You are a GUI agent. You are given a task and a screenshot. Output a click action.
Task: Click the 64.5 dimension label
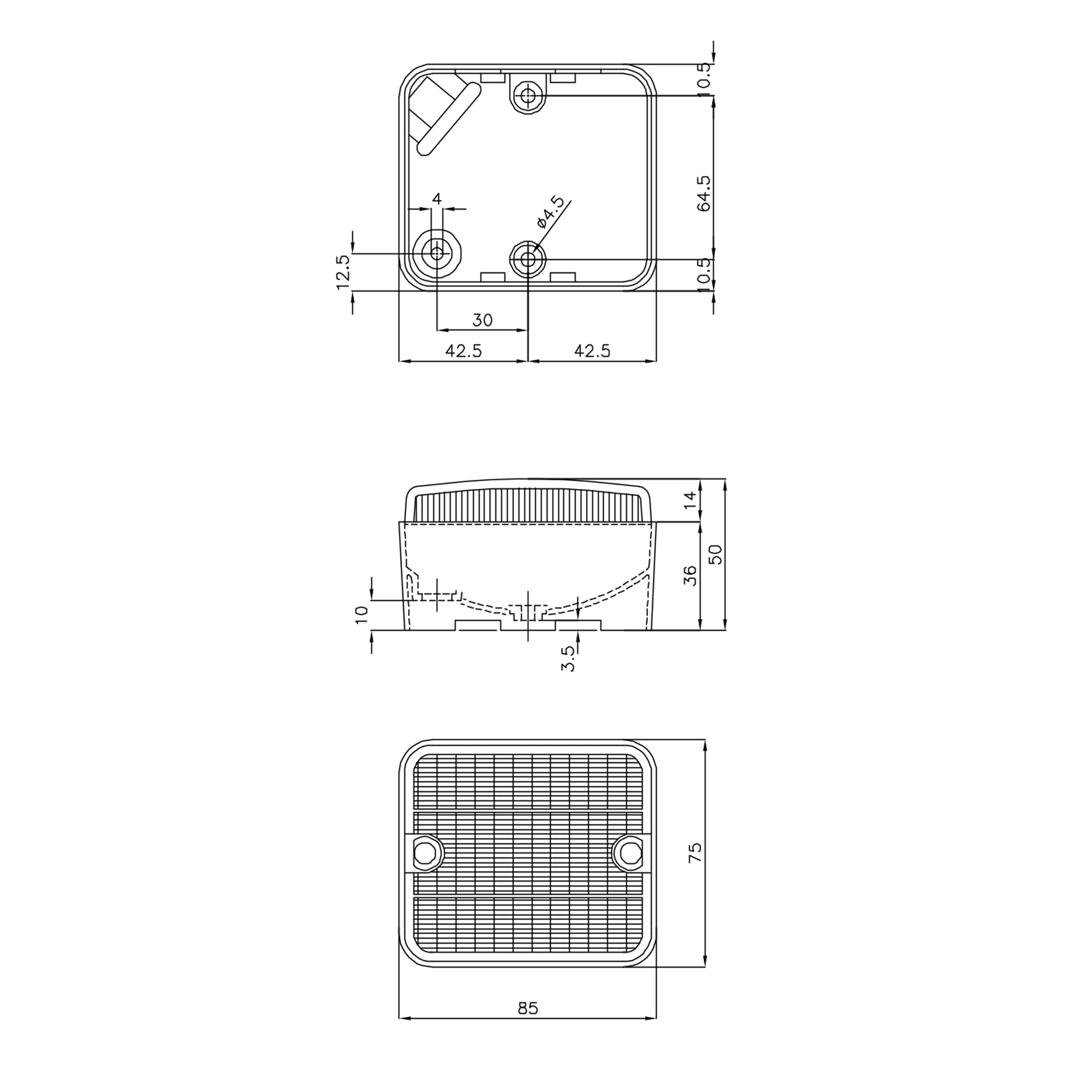point(703,194)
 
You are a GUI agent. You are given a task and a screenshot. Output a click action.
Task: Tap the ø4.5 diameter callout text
point(550,212)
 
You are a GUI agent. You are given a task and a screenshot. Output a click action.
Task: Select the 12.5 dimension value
point(343,272)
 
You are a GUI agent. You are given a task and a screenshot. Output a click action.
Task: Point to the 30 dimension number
point(482,320)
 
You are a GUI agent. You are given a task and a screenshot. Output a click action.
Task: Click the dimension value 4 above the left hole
point(438,198)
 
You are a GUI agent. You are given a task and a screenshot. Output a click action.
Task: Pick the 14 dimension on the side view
point(690,500)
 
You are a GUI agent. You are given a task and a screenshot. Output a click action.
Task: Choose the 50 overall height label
point(716,554)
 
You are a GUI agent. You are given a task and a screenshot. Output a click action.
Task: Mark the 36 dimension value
point(690,576)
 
